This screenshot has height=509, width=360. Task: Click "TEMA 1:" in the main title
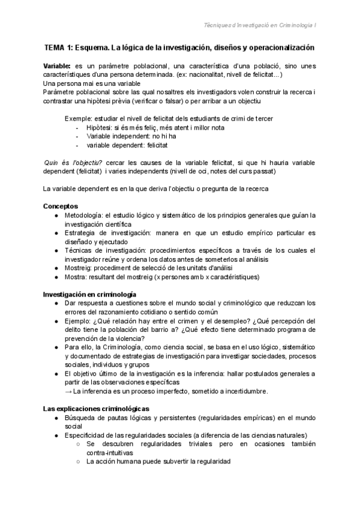[x=58, y=47]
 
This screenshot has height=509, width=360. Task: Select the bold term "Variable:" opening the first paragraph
[x=58, y=65]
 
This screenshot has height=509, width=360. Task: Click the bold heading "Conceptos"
[x=61, y=206]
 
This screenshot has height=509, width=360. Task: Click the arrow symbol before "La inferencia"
[x=67, y=391]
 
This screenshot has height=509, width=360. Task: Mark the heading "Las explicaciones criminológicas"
[x=95, y=409]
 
